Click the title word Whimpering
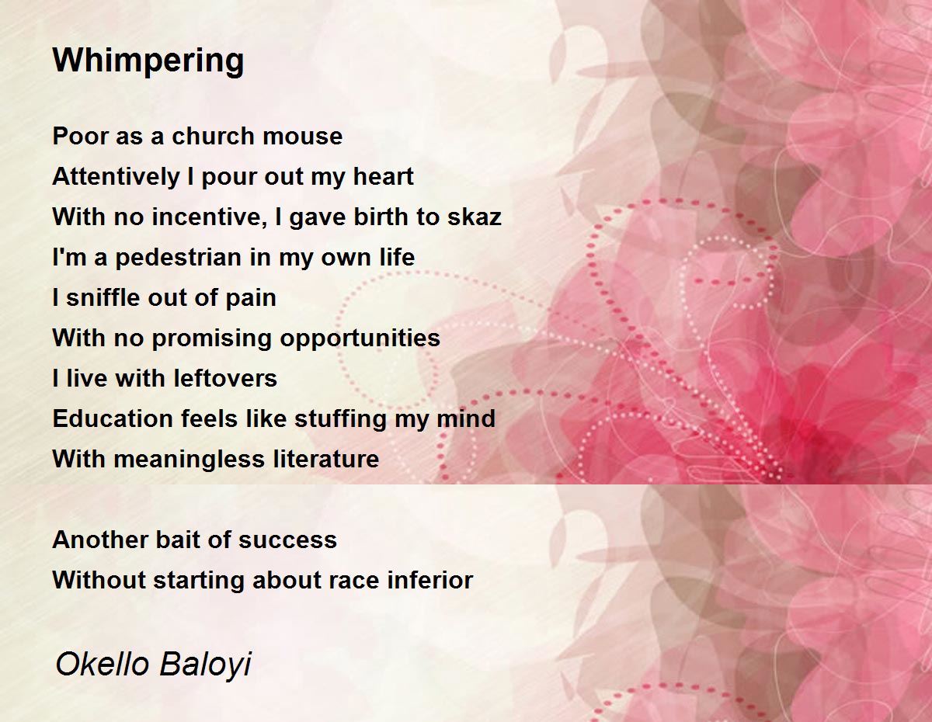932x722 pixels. (148, 61)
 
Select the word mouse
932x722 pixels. (302, 137)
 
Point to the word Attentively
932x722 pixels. (116, 177)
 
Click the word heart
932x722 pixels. (384, 176)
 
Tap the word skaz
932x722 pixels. (475, 217)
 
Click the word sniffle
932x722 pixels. (103, 297)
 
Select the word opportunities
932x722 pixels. (360, 338)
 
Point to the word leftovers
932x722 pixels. (225, 378)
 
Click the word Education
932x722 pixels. (112, 418)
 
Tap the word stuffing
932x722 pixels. (340, 419)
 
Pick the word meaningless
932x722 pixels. (190, 459)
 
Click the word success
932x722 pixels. (287, 540)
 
